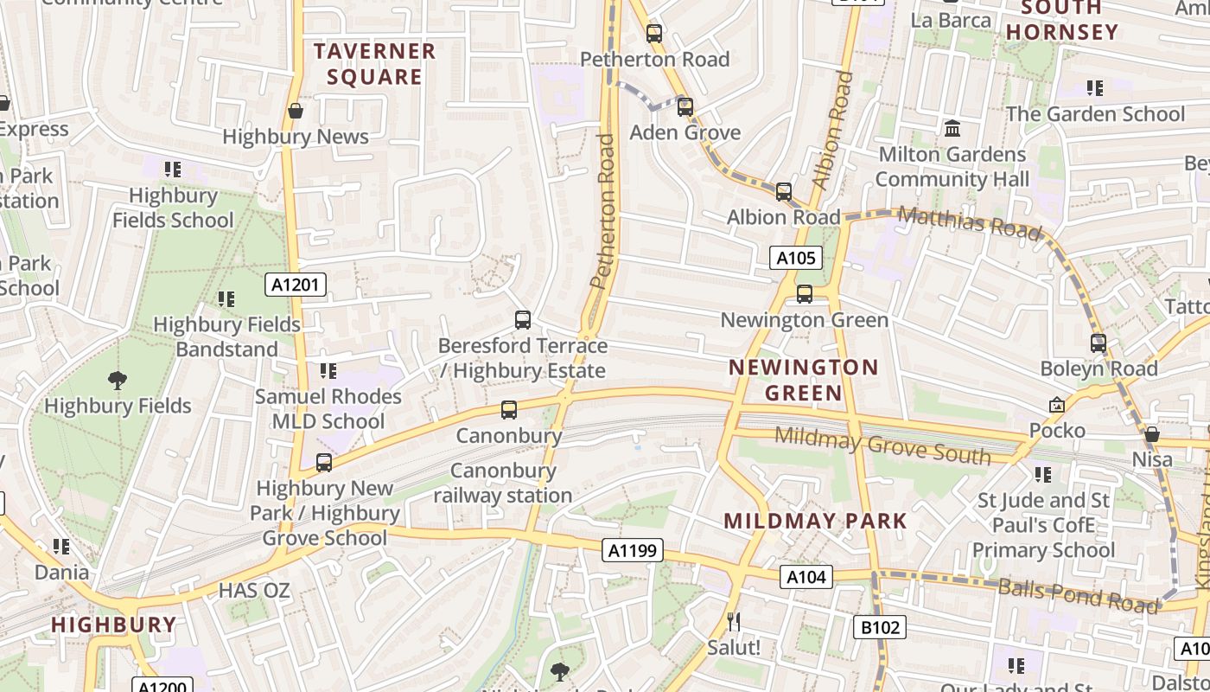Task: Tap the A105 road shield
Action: [x=795, y=257]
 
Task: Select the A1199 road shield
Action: [x=634, y=550]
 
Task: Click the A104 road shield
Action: [x=806, y=577]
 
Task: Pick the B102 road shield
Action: [x=880, y=627]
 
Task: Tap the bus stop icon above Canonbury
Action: [x=509, y=410]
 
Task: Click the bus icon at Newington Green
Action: [x=805, y=294]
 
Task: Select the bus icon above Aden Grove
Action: [x=685, y=107]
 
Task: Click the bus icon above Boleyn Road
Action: [x=1098, y=343]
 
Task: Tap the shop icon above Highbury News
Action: [x=296, y=111]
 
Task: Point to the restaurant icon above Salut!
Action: [x=734, y=621]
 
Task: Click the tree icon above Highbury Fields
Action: [x=118, y=380]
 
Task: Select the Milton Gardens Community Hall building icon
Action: [x=952, y=129]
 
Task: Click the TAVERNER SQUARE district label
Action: [x=374, y=64]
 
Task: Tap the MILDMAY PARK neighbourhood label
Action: [x=815, y=521]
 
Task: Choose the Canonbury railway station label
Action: [x=503, y=483]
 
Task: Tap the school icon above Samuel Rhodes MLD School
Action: [x=328, y=371]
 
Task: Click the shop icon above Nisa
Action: [x=1152, y=434]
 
